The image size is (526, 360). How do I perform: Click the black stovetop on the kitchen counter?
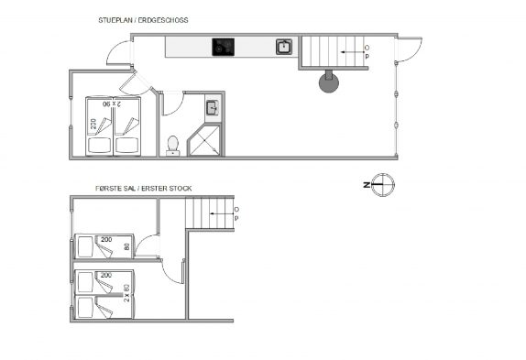pos(223,47)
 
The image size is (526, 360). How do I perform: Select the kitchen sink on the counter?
pos(284,47)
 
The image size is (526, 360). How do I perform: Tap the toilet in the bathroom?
pos(173,146)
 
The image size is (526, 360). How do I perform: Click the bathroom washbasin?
pos(212,107)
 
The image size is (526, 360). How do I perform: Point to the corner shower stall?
pos(204,140)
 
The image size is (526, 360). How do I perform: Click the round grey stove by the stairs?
pos(329,82)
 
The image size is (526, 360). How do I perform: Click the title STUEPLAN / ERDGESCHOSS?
pos(143,20)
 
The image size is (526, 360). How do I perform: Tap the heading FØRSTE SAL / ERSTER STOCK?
pos(144,189)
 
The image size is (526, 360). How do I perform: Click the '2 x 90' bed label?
pos(112,104)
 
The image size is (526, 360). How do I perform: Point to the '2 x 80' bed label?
pos(126,293)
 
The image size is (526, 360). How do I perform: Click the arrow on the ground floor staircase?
pos(352,52)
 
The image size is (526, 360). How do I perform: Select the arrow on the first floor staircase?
pos(222,213)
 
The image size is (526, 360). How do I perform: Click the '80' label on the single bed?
pos(126,246)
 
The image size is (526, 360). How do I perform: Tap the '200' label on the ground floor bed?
pos(93,124)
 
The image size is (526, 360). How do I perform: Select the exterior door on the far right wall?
pos(409,49)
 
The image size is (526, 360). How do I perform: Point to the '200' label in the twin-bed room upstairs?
pos(106,275)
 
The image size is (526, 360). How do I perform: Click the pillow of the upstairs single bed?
pos(85,246)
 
